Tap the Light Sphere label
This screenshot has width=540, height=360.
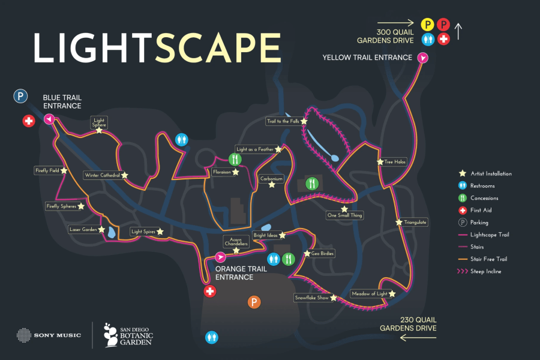coord(99,122)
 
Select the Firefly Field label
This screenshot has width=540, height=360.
coord(47,170)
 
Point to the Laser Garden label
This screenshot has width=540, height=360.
coord(83,229)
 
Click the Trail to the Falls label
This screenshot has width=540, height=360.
coord(283,121)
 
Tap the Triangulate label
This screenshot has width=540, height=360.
coord(415,222)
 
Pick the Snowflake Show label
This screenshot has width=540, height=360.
coord(311,298)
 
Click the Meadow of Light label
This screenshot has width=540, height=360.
coord(369,294)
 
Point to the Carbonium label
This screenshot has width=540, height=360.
coord(271,178)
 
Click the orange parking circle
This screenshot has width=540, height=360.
coord(254,302)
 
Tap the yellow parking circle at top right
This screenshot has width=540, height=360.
coord(427,25)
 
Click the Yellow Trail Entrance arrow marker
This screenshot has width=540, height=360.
coord(423,58)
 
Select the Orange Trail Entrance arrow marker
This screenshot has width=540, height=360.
coord(220,257)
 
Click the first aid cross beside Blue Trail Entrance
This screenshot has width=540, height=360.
coord(28,121)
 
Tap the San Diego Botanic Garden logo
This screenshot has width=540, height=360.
coord(128,335)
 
